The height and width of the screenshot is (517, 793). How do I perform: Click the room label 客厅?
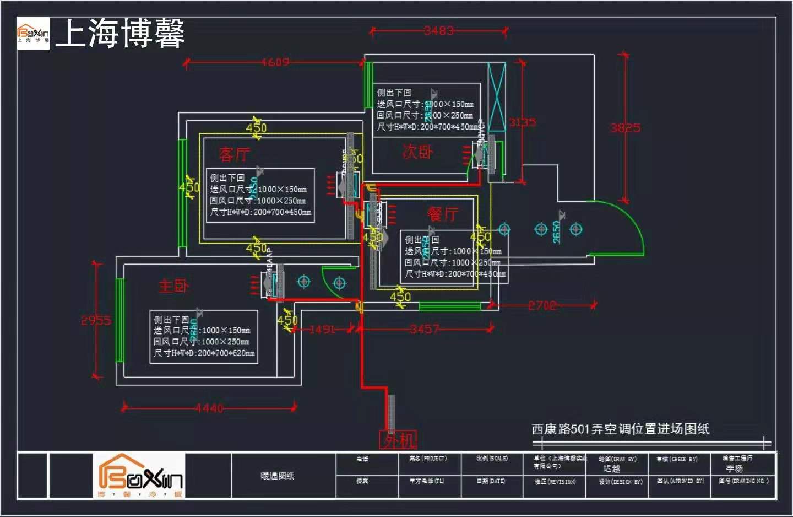click(234, 154)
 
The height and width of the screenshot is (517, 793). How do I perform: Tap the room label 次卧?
click(418, 152)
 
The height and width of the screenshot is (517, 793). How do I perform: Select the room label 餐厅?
click(443, 214)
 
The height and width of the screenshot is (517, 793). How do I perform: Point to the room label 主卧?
click(173, 286)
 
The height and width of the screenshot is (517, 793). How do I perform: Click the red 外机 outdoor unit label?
click(398, 440)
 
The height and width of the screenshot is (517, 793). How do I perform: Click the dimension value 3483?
click(439, 31)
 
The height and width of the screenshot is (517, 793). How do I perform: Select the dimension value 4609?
click(275, 62)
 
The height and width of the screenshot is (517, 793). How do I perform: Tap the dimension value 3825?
click(625, 128)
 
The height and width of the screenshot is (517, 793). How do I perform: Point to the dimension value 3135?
click(522, 122)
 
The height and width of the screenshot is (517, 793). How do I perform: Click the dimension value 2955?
click(96, 320)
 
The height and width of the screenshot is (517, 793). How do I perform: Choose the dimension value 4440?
click(209, 408)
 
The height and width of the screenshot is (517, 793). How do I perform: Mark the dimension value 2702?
click(542, 305)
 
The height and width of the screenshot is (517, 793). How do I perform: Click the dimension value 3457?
click(425, 330)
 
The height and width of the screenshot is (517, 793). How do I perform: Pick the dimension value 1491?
click(322, 330)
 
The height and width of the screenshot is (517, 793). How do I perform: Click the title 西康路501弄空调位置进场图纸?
click(620, 429)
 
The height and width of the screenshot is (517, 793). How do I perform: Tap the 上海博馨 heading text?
click(120, 33)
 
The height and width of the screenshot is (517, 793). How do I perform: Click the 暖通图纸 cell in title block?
click(277, 476)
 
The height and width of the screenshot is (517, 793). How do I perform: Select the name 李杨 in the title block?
click(734, 468)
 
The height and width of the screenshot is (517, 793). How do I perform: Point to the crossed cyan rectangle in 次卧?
click(497, 98)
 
